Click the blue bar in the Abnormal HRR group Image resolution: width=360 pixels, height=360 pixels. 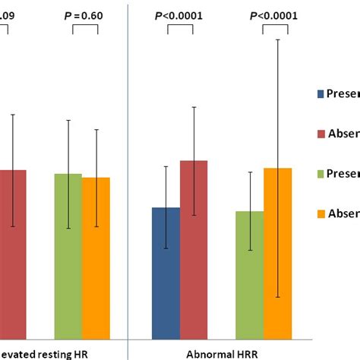tap(166, 273)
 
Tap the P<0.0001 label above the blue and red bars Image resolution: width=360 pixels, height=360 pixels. tap(180, 15)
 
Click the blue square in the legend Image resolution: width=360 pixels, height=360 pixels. tap(319, 95)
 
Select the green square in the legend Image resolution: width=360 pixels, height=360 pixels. tap(319, 174)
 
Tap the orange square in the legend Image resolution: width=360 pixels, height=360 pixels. tap(319, 213)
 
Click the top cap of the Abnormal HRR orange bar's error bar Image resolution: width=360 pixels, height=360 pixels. tap(278, 39)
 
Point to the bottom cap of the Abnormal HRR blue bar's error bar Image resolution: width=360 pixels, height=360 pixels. tap(166, 248)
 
